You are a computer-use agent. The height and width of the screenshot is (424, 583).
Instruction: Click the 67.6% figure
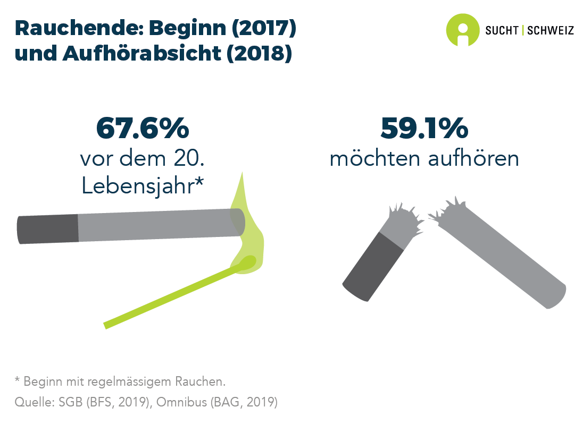(142, 128)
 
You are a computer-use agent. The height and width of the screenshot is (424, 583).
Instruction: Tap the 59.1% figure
(424, 128)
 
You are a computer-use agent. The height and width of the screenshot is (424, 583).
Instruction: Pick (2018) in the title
(259, 54)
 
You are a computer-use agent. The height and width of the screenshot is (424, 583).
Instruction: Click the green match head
(247, 262)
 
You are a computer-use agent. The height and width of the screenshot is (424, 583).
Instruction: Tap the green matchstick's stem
(170, 295)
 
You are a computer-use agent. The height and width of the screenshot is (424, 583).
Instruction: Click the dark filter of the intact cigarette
(48, 229)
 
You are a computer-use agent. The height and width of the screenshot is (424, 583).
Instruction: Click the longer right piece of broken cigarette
(505, 255)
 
